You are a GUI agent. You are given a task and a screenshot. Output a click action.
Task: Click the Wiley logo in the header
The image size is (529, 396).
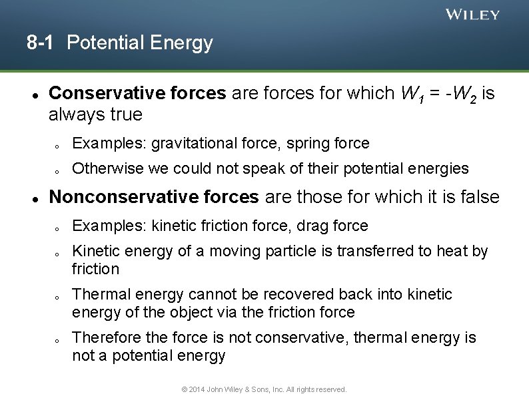click(x=472, y=15)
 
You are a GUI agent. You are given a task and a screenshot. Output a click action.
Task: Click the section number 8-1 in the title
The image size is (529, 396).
click(x=42, y=43)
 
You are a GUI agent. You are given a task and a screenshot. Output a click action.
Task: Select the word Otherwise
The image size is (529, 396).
click(x=106, y=169)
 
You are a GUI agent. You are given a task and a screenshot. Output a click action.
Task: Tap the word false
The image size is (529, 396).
click(x=478, y=197)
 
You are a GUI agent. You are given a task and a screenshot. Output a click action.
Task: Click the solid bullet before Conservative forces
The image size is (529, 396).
click(x=33, y=94)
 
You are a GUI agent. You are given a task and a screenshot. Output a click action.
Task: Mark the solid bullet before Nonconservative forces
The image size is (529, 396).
click(x=33, y=198)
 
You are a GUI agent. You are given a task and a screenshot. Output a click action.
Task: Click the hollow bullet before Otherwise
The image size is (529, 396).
click(x=58, y=170)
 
